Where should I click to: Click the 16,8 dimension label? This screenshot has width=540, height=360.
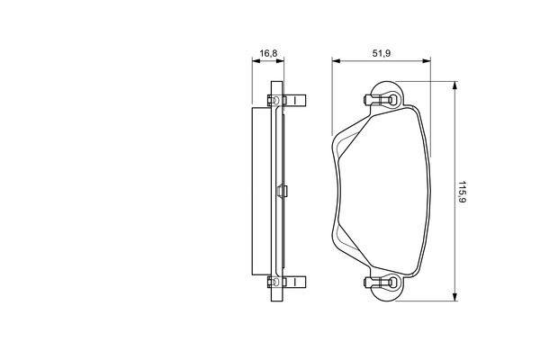coord(268,53)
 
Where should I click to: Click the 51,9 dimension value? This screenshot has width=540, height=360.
coord(382,53)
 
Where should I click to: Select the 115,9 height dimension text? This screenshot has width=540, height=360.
coord(462,192)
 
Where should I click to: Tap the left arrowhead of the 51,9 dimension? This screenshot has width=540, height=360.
coord(336,61)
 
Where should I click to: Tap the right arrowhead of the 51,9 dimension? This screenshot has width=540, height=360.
coord(427,61)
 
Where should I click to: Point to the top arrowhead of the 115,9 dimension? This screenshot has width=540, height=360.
coord(454,85)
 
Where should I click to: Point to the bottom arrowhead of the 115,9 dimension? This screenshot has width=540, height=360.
coord(454,297)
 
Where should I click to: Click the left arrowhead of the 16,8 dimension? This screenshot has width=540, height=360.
coord(256,61)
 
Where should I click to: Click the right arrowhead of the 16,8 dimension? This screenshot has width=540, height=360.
coord(280,61)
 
